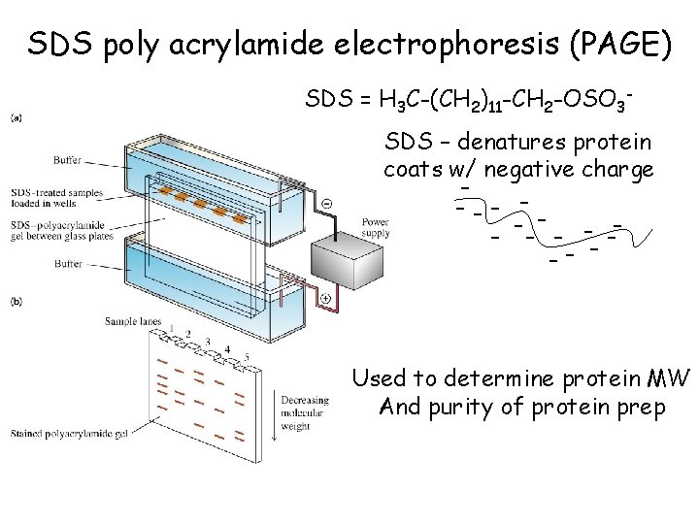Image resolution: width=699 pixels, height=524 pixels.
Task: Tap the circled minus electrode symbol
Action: click(326, 204)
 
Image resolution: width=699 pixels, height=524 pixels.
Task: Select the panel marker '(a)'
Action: click(16, 118)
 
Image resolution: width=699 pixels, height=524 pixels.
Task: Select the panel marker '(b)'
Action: click(16, 302)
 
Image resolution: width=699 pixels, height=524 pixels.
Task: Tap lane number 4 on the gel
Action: click(226, 349)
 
